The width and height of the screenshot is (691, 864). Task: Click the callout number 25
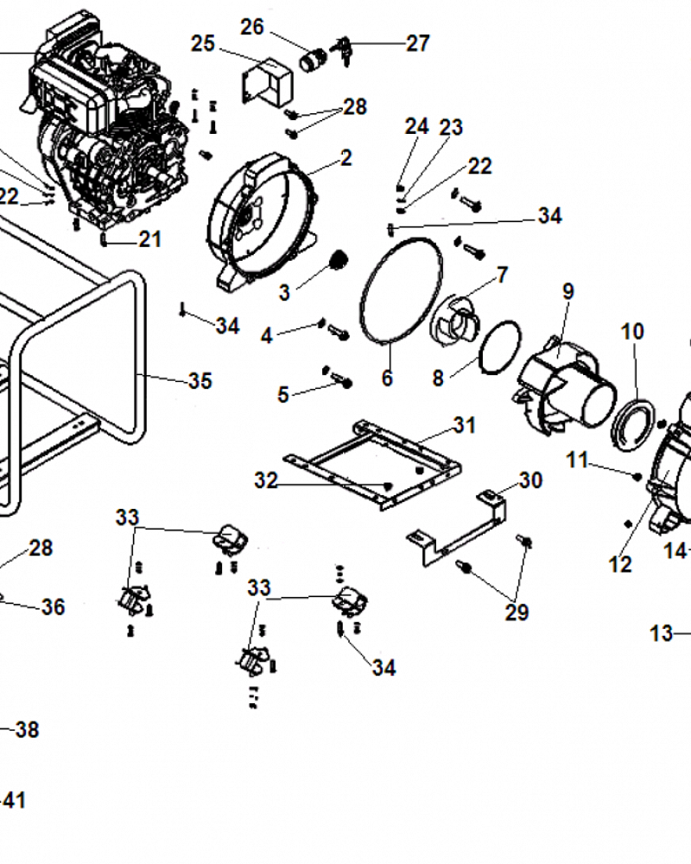click(203, 43)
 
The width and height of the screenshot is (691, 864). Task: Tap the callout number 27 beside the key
click(418, 43)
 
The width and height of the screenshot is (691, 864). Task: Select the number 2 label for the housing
click(346, 157)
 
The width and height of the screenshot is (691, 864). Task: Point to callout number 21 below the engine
click(150, 238)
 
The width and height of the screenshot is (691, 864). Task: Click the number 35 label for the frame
click(200, 381)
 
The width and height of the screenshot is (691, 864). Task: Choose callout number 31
click(465, 425)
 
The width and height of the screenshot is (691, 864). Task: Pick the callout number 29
click(517, 613)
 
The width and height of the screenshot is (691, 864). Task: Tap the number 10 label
click(632, 331)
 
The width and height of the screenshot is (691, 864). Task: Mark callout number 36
click(53, 607)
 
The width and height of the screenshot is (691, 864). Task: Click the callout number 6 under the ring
click(387, 378)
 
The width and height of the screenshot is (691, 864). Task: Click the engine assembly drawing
click(108, 130)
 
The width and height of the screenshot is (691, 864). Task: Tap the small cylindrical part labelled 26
click(310, 61)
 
